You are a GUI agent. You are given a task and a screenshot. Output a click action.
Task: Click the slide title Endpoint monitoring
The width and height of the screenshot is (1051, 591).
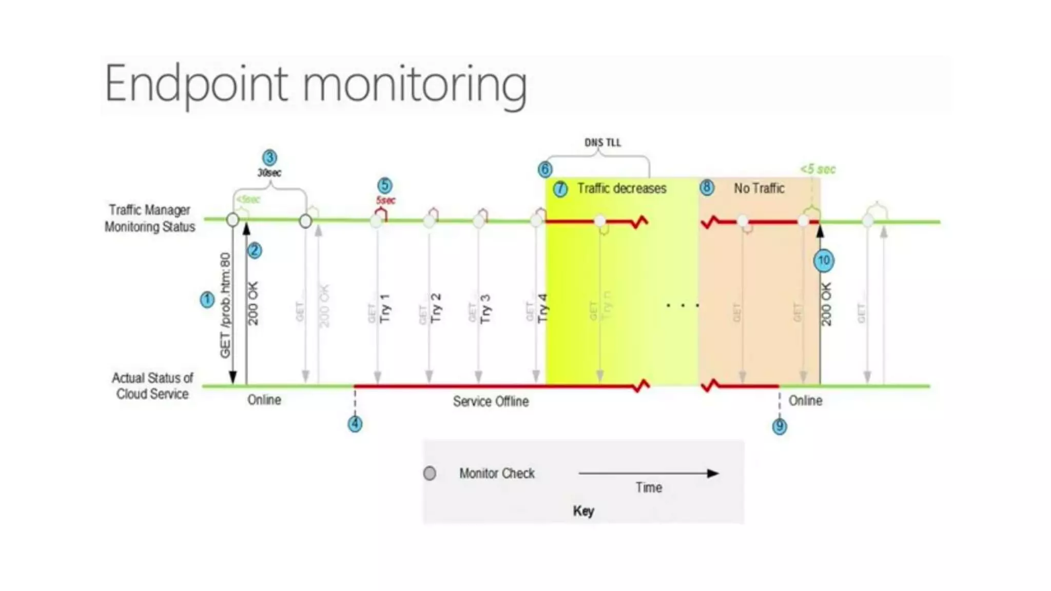tap(316, 84)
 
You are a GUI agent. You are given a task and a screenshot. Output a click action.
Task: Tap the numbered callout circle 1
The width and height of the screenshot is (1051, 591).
tap(207, 300)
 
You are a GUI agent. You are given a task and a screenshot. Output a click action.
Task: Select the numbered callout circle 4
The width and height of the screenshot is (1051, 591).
tap(355, 424)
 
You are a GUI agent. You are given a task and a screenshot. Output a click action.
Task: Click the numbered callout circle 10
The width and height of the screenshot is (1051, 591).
tap(824, 261)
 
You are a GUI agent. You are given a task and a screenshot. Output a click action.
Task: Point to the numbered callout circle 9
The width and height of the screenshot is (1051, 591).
tap(779, 426)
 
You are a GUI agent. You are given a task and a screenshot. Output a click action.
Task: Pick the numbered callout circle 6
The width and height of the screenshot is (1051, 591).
tap(545, 169)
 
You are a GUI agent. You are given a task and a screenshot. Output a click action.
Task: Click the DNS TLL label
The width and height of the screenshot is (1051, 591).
tap(602, 143)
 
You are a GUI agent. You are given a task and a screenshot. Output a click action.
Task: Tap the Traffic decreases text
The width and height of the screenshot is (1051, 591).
tap(621, 189)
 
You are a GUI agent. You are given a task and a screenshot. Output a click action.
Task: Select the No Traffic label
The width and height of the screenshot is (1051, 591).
tap(758, 189)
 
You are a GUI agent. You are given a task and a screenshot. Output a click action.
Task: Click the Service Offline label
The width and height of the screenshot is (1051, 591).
tap(491, 401)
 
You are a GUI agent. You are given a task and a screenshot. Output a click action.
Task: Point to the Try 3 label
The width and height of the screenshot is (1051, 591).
tap(485, 309)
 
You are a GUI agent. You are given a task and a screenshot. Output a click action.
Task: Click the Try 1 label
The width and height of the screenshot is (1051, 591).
tap(385, 308)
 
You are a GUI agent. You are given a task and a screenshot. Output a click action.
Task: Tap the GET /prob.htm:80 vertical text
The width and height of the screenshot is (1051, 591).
tap(225, 305)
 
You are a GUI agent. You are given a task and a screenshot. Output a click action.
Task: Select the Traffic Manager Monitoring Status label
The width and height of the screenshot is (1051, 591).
tap(149, 218)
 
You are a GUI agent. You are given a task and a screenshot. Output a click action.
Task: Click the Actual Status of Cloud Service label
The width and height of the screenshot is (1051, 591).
tap(152, 386)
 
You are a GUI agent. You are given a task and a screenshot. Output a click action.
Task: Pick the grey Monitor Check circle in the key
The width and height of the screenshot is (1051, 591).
tap(430, 473)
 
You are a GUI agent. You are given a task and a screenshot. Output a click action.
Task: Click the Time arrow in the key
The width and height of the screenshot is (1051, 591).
tap(649, 474)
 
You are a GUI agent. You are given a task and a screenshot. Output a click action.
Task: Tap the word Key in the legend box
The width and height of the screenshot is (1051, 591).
tap(583, 511)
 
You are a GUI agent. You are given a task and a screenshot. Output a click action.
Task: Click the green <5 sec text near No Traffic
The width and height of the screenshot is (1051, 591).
tap(818, 169)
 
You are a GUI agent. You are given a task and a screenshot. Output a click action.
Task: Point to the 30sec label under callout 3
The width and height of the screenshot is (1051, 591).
tap(269, 173)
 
